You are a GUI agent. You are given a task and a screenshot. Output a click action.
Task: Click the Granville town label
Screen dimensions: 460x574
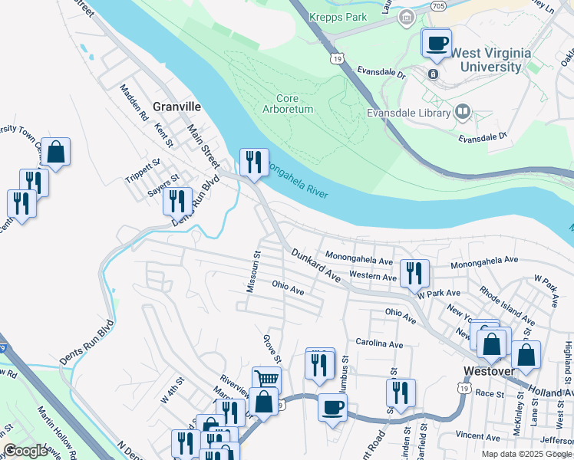pyautogui.click(x=176, y=107)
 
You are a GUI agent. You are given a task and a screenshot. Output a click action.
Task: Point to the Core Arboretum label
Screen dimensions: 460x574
pyautogui.click(x=295, y=103)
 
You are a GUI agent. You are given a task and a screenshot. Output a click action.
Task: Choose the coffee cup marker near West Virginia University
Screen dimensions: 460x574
pyautogui.click(x=437, y=43)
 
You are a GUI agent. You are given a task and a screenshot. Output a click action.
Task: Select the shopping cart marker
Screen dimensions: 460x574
pyautogui.click(x=266, y=379)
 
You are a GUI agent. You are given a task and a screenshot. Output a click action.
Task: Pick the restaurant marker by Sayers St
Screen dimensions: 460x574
pyautogui.click(x=176, y=201)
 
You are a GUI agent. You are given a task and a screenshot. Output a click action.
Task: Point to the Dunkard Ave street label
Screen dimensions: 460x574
pyautogui.click(x=315, y=264)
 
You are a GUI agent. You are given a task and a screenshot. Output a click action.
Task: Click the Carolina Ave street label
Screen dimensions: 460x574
pyautogui.click(x=378, y=344)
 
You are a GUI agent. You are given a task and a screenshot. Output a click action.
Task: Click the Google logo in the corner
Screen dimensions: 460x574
pyautogui.click(x=25, y=451)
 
